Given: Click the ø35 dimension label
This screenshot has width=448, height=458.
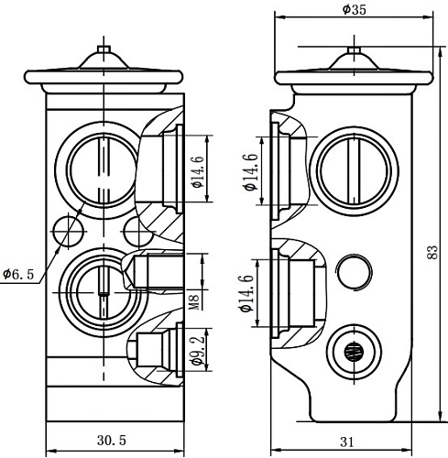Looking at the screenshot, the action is click(354, 10).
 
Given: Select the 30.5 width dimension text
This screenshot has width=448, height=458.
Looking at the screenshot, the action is click(112, 440).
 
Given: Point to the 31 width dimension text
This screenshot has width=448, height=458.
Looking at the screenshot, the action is click(346, 442).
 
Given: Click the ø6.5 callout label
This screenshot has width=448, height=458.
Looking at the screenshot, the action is click(18, 274).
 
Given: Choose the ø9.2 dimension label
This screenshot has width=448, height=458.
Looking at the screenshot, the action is click(197, 351).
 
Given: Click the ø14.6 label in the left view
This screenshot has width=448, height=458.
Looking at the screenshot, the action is click(197, 171).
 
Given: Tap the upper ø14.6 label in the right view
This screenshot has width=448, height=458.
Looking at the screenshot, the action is click(251, 172).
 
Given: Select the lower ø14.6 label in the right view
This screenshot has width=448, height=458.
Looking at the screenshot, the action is click(247, 293).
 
